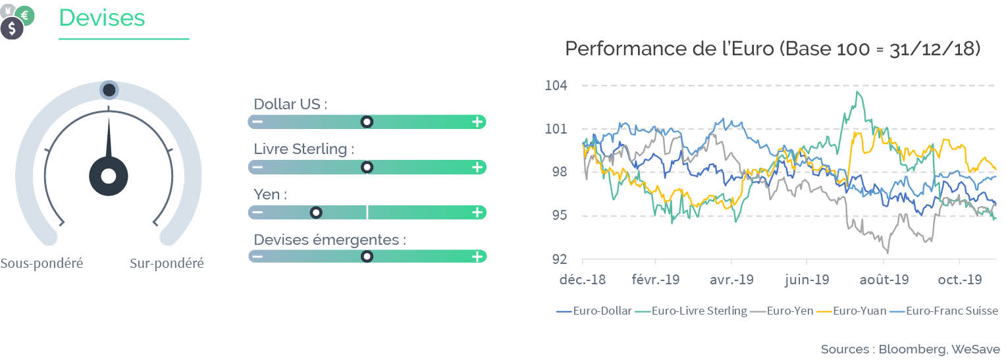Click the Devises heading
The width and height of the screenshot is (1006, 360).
[x=102, y=18]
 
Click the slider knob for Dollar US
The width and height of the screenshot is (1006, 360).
[x=367, y=122]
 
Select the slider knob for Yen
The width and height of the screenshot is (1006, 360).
[x=316, y=213]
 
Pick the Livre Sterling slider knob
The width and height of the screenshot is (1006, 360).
[x=367, y=167]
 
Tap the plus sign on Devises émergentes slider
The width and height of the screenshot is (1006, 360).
[x=477, y=256]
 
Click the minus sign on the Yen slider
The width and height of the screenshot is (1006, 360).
[x=257, y=212]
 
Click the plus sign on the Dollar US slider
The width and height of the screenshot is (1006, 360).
[x=477, y=122]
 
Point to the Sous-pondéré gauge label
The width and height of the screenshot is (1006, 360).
[x=41, y=263]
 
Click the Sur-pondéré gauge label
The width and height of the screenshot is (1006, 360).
[x=167, y=263]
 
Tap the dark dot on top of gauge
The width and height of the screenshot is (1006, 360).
[x=109, y=90]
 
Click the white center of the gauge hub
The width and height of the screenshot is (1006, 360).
[x=109, y=176]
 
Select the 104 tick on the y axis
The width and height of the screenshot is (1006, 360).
[x=556, y=86]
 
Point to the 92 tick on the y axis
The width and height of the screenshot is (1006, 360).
[x=560, y=259]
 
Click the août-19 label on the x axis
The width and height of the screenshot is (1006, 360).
[x=884, y=280]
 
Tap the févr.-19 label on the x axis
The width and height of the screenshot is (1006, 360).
[x=655, y=280]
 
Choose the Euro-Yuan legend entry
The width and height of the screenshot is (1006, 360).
[x=851, y=311]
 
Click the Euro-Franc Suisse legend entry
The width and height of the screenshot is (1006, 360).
[x=944, y=311]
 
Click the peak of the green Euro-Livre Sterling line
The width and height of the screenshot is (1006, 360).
[x=857, y=92]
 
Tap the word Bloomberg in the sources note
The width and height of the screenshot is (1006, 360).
[x=913, y=349]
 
